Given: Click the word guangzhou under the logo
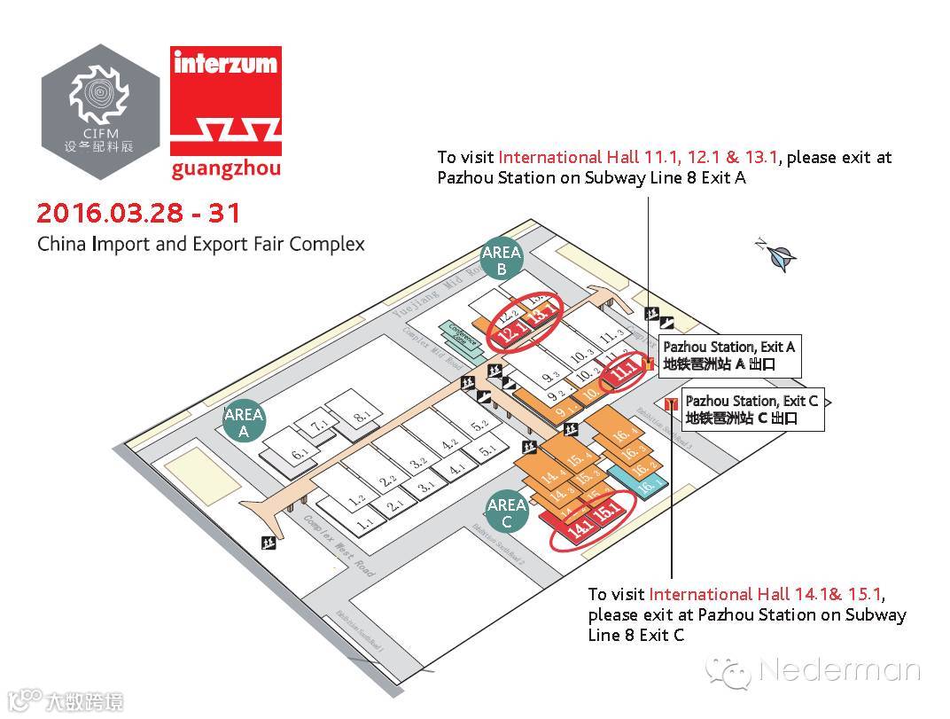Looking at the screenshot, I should [227, 168].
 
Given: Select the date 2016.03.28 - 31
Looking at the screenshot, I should [138, 214].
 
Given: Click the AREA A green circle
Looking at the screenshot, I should [244, 422].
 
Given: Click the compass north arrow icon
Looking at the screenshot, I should [779, 256].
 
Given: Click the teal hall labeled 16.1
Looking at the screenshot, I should [647, 487].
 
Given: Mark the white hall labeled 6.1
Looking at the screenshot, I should [300, 454].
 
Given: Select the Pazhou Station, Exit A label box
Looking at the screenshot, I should [728, 355].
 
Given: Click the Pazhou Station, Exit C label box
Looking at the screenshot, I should [751, 410].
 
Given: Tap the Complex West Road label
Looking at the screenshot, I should [339, 547].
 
